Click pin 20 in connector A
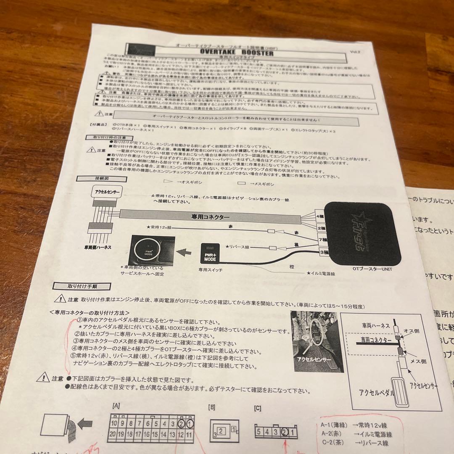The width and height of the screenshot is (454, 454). (x=113, y=435)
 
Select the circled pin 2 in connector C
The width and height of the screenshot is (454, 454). (x=285, y=432)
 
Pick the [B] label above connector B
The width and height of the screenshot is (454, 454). (x=212, y=407)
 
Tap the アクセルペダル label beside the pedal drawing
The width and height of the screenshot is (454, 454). (x=376, y=393)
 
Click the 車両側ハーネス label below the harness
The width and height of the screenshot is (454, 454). (x=98, y=247)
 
